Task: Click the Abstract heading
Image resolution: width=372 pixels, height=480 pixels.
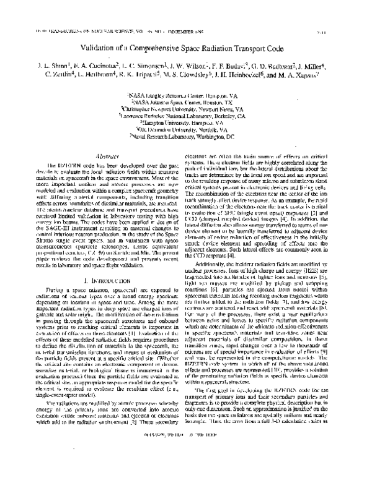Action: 102,157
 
